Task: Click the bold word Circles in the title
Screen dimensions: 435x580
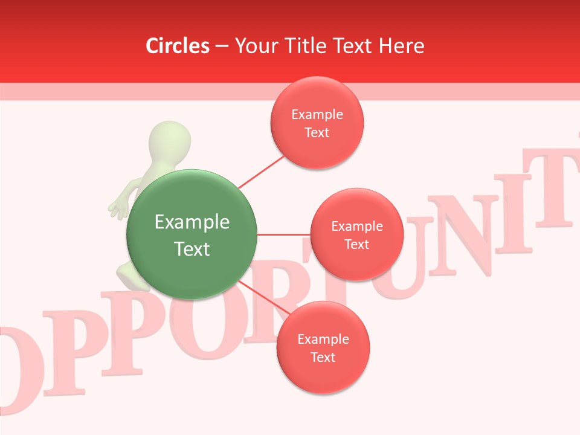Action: [x=178, y=46]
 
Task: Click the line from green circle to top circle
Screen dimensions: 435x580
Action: [x=261, y=172]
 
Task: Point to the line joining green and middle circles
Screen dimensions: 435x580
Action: [x=283, y=234]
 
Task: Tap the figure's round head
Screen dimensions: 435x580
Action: [x=170, y=143]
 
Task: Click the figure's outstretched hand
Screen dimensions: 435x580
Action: [x=117, y=207]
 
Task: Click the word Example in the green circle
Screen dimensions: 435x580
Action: [x=192, y=222]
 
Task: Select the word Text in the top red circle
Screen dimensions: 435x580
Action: [x=317, y=133]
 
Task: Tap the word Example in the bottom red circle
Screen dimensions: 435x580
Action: [x=323, y=340]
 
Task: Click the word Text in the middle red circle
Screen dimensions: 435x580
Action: [x=356, y=245]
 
